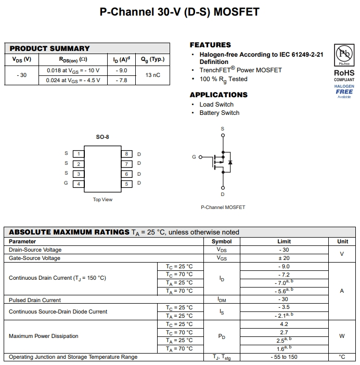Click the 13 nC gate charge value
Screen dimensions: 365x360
point(152,75)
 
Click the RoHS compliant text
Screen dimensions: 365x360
point(344,76)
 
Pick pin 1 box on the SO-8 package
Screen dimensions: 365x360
point(78,154)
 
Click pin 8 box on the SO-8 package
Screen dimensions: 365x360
point(126,154)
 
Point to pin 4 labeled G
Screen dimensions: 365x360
point(78,184)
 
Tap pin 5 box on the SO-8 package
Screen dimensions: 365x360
point(126,184)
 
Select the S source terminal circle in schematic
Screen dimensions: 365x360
point(223,135)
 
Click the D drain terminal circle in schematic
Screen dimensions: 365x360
point(223,188)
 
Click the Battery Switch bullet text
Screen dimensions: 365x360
point(219,113)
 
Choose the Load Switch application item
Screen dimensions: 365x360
point(216,105)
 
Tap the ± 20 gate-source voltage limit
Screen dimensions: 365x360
point(284,258)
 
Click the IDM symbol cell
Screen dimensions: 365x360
point(222,300)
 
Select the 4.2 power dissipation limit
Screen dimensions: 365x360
point(284,324)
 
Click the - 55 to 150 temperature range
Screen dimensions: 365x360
point(284,357)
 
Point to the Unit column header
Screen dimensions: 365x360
point(342,241)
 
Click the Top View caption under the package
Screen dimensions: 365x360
point(102,200)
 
